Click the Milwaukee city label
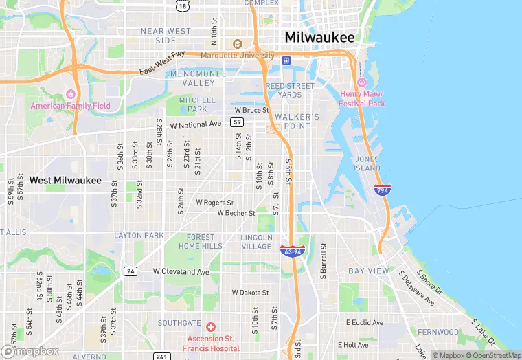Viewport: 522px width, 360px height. tap(319, 37)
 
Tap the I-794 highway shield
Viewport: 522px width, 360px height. tap(383, 190)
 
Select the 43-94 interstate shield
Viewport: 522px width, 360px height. tap(293, 252)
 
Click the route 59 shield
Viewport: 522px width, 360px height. tap(237, 122)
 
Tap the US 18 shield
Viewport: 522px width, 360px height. tap(181, 5)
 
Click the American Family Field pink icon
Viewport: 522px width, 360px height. tap(69, 94)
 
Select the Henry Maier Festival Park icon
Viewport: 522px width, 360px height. tap(361, 82)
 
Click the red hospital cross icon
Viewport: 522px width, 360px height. tap(211, 327)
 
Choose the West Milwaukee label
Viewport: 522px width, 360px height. tap(65, 181)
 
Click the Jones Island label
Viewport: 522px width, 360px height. tap(367, 164)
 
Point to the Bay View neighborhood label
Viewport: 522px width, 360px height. tap(368, 271)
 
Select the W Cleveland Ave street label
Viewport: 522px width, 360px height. tap(181, 272)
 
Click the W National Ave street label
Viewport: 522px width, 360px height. tap(196, 125)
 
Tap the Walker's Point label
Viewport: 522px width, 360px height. tap(297, 122)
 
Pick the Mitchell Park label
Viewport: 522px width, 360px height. tap(193, 104)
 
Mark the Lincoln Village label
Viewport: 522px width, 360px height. tap(256, 242)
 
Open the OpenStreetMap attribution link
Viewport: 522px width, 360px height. tap(492, 355)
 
